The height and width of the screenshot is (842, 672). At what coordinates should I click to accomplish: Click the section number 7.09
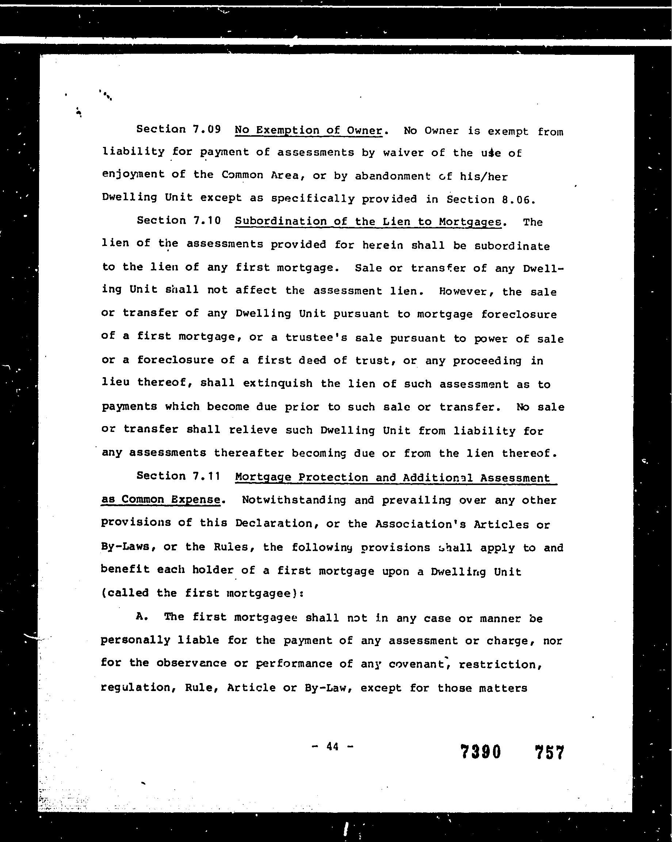[x=207, y=129]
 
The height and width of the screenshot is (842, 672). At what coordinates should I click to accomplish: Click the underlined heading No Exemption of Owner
[x=308, y=130]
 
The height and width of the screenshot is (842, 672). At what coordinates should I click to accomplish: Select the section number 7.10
[x=207, y=221]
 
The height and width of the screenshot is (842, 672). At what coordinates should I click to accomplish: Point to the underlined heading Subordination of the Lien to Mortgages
[x=368, y=221]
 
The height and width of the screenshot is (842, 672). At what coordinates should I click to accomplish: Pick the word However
[x=463, y=291]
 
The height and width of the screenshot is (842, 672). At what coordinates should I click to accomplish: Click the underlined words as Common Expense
[x=161, y=500]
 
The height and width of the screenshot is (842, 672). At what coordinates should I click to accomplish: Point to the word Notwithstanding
[x=294, y=500]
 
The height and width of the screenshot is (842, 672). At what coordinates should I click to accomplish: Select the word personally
[x=135, y=640]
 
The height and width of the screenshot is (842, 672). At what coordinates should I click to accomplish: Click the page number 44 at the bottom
[x=332, y=746]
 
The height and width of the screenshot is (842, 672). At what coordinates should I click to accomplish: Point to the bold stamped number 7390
[x=480, y=751]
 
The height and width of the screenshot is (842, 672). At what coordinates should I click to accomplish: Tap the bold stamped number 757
[x=549, y=752]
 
